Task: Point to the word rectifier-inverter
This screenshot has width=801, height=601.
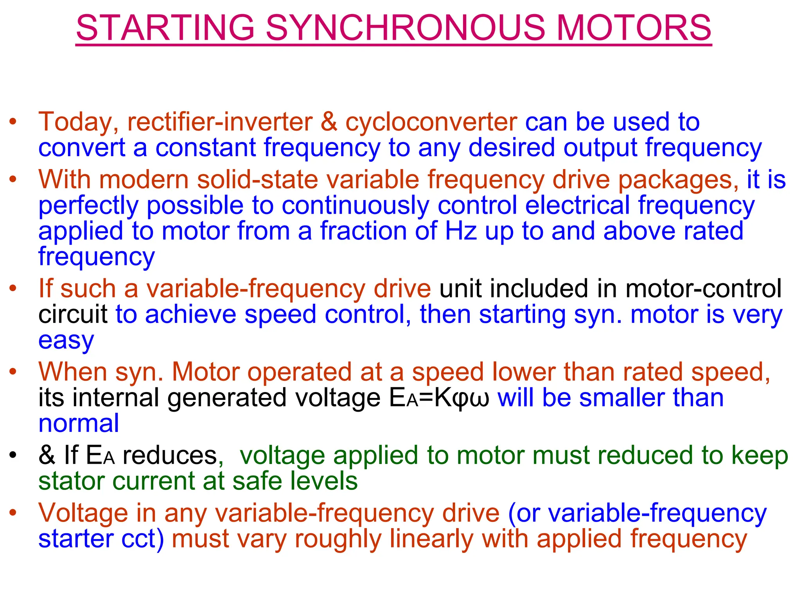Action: click(220, 122)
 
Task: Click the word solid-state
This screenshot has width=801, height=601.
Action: click(257, 180)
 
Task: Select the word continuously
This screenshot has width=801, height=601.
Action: click(355, 206)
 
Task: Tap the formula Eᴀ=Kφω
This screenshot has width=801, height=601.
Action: click(439, 398)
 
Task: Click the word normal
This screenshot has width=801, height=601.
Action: click(79, 423)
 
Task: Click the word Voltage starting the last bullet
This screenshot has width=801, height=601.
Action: click(83, 513)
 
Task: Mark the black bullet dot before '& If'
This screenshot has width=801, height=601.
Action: click(13, 455)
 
